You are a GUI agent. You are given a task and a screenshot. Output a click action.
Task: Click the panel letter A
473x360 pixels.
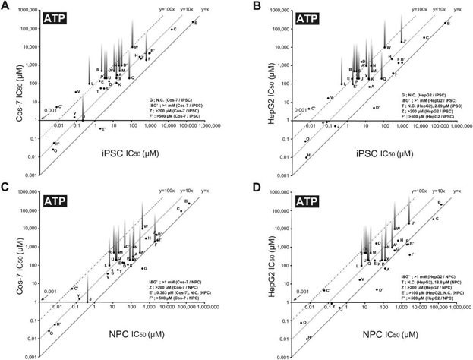5,6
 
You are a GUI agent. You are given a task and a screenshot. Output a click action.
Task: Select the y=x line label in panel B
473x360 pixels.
454,10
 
